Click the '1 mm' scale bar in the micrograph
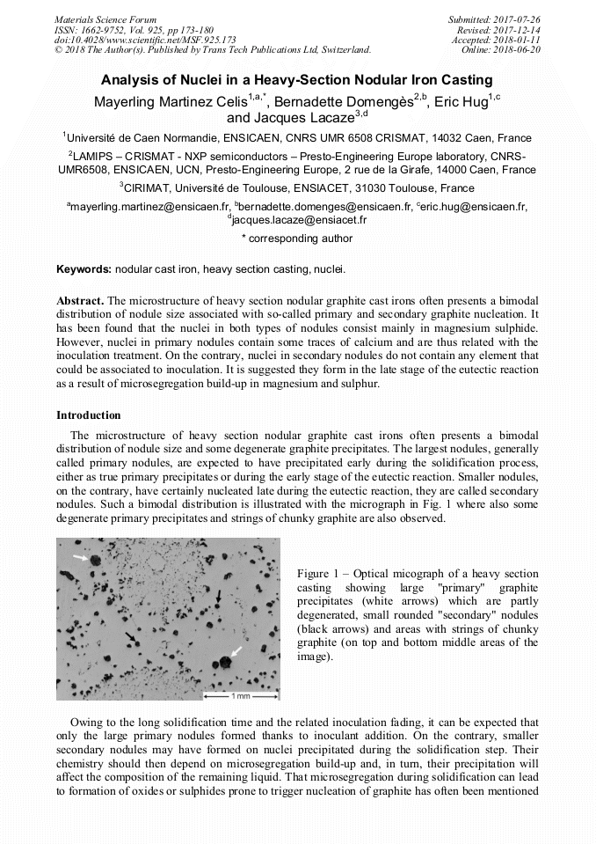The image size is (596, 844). (x=238, y=696)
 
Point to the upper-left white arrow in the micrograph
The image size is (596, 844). (x=81, y=558)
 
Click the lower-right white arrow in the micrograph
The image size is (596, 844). (x=236, y=653)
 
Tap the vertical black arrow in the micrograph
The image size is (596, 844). (x=218, y=598)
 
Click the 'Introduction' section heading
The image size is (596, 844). (x=89, y=415)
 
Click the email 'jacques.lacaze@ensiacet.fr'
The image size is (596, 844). (x=299, y=220)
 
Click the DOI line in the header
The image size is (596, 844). (x=144, y=40)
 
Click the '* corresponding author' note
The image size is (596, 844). (x=297, y=239)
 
